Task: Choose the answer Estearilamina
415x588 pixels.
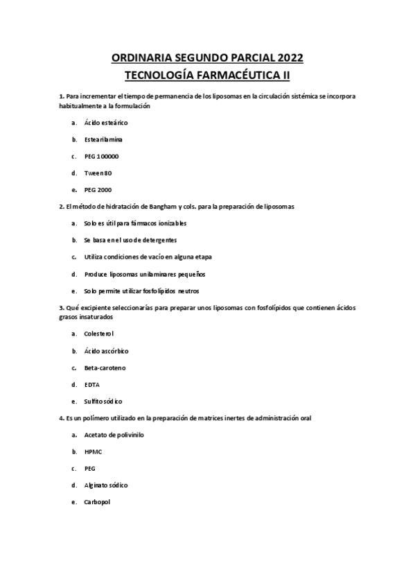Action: click(x=104, y=139)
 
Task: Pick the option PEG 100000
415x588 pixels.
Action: click(x=101, y=156)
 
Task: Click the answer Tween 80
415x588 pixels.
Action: click(x=98, y=173)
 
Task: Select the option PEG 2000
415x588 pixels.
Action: click(x=98, y=189)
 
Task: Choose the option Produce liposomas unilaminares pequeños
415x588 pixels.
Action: click(x=144, y=274)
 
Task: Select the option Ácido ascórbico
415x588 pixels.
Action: click(x=106, y=351)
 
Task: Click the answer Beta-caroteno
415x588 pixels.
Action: click(x=105, y=367)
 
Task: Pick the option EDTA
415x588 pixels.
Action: click(x=91, y=384)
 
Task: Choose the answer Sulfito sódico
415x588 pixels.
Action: click(x=103, y=401)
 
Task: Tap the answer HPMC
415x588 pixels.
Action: click(x=93, y=451)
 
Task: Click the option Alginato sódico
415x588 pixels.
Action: click(x=105, y=485)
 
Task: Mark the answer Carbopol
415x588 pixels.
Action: click(x=97, y=502)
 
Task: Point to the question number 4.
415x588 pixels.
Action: click(x=62, y=418)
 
